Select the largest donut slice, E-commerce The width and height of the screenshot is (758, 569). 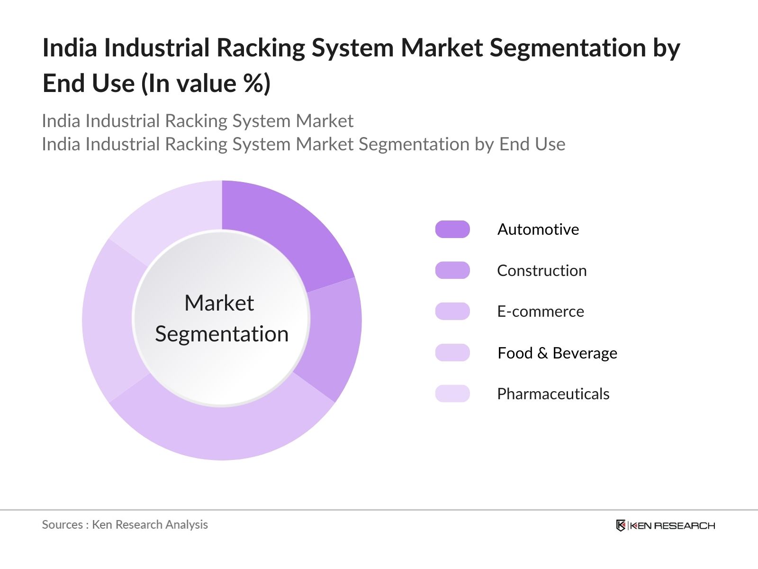(x=223, y=434)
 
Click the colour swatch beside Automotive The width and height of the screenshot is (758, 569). (x=452, y=229)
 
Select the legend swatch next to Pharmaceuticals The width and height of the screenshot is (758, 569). (x=452, y=394)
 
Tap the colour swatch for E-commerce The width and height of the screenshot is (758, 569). (x=452, y=312)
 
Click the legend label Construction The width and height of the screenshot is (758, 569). (x=541, y=271)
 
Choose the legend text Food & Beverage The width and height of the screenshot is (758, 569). (x=557, y=353)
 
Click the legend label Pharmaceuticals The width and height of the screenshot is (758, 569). (x=553, y=394)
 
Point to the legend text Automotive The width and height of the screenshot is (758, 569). (x=538, y=229)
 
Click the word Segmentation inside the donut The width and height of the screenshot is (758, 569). (x=222, y=334)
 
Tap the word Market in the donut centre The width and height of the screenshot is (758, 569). (x=219, y=303)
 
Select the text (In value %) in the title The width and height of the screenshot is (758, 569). (x=206, y=84)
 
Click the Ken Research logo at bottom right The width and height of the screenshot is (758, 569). (x=665, y=525)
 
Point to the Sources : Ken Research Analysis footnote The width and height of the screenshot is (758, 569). (x=125, y=525)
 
